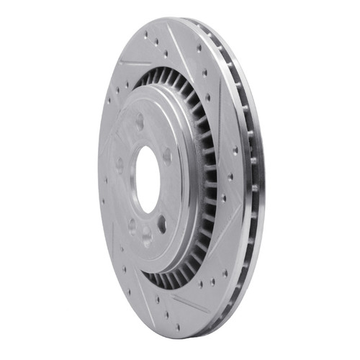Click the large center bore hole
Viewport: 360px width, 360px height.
click(x=146, y=180)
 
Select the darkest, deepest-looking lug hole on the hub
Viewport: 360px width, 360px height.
click(x=161, y=222)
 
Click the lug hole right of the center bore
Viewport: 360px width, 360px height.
click(x=168, y=155)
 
